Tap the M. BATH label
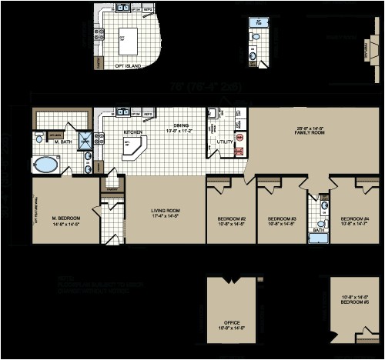point(62,140)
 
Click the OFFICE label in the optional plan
point(231,323)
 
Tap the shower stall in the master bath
point(85,140)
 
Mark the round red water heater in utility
point(239,138)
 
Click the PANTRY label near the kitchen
point(112,188)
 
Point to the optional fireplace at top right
point(366,50)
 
